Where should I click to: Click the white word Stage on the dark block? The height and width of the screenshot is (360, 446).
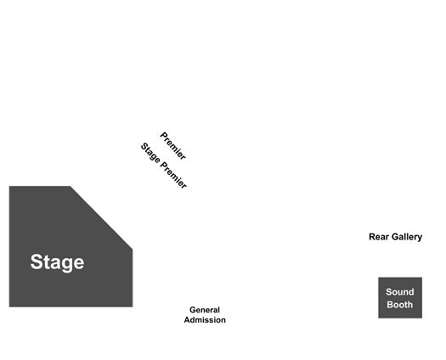point(57,262)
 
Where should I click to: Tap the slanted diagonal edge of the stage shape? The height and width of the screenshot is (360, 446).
point(101,218)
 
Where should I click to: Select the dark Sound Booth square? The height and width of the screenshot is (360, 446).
point(400,298)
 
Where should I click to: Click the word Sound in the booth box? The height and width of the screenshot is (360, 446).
point(400,292)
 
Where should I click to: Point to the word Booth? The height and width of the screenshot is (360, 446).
point(399,305)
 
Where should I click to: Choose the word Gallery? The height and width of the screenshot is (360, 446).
point(407,237)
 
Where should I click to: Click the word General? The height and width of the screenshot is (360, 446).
point(205,310)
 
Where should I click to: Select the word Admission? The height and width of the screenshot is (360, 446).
point(205,320)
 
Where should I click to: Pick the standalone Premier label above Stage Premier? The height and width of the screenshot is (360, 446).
point(173,145)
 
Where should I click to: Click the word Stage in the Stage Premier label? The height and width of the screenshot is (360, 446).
point(150,153)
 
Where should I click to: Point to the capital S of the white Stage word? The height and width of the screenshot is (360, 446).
point(37,262)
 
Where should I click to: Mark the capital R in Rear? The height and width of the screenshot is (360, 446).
point(372,237)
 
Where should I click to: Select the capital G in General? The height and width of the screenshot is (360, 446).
point(193,310)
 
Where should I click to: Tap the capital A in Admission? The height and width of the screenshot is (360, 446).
point(187,320)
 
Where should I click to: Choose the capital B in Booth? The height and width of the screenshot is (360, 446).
point(390,305)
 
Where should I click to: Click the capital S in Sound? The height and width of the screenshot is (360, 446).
point(389,292)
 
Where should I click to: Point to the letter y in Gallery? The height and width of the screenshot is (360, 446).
point(420,238)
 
